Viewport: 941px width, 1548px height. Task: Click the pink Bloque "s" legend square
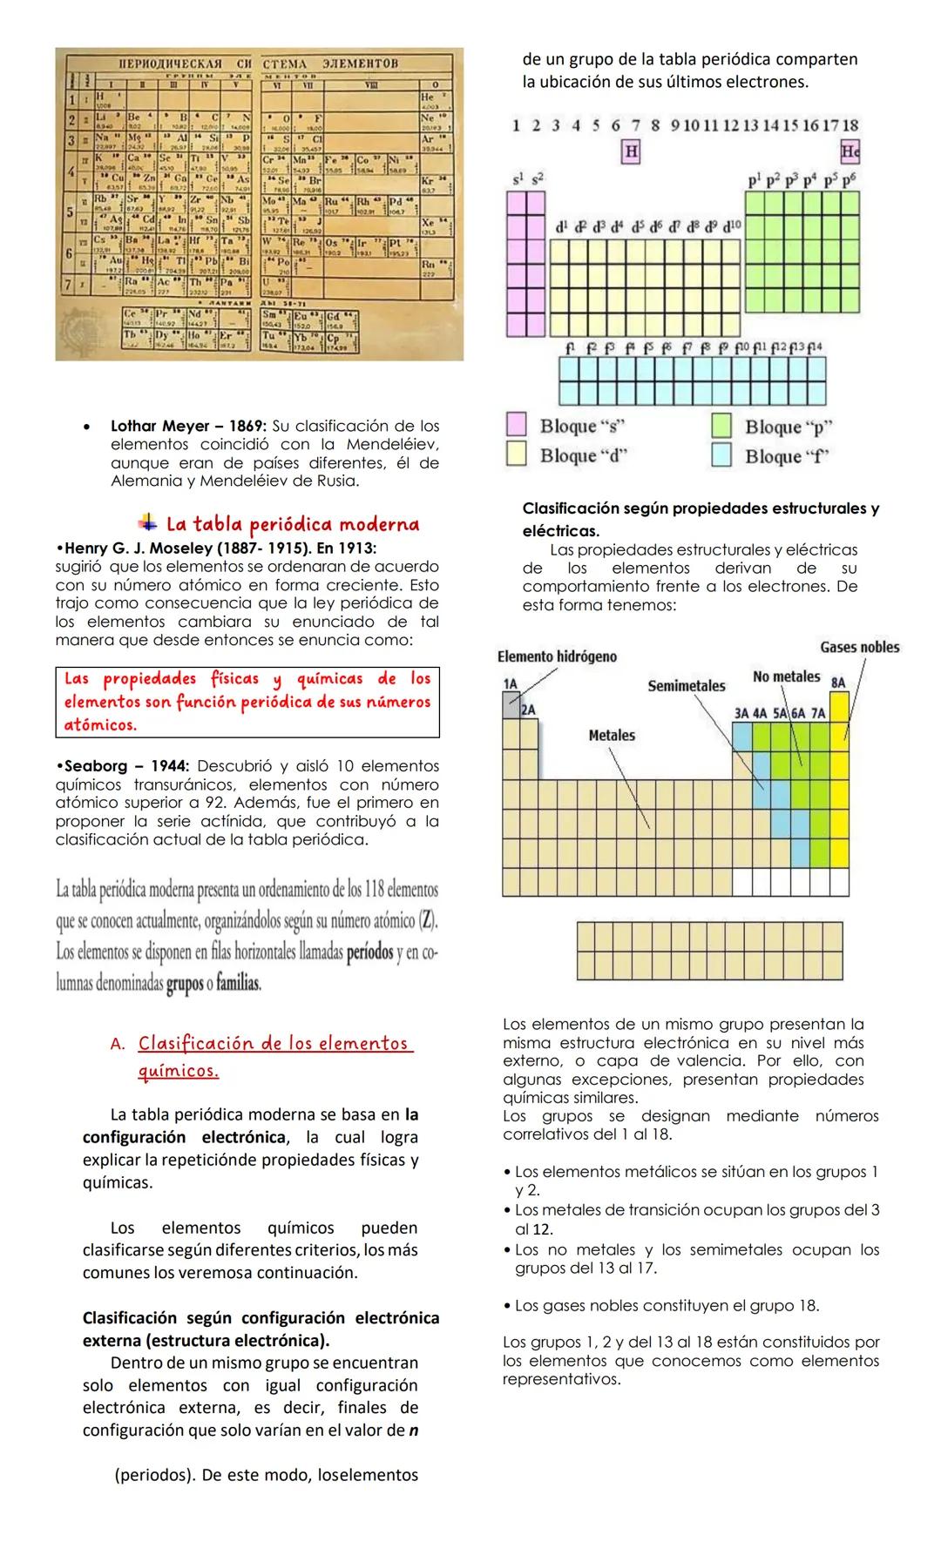point(517,424)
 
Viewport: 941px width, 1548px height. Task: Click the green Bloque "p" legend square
point(721,425)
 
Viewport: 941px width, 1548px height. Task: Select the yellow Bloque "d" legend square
point(517,454)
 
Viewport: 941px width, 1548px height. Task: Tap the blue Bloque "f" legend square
point(721,454)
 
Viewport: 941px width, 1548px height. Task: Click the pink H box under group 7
point(631,151)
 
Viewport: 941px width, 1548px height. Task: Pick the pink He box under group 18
point(850,151)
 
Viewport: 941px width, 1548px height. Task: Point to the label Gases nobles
point(859,647)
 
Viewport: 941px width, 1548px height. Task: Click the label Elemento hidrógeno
point(557,656)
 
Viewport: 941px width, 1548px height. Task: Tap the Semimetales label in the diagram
point(686,686)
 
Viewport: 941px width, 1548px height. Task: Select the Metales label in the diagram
point(612,736)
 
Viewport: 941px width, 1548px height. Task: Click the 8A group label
point(837,683)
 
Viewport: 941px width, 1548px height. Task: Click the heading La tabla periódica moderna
point(292,524)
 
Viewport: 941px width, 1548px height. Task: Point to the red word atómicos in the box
point(100,724)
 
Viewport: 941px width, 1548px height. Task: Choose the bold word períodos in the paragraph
point(369,952)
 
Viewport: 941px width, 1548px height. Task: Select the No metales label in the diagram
point(786,676)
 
